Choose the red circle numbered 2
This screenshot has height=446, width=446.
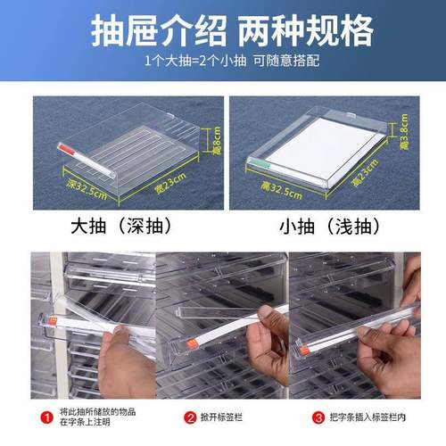tap(189, 417)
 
